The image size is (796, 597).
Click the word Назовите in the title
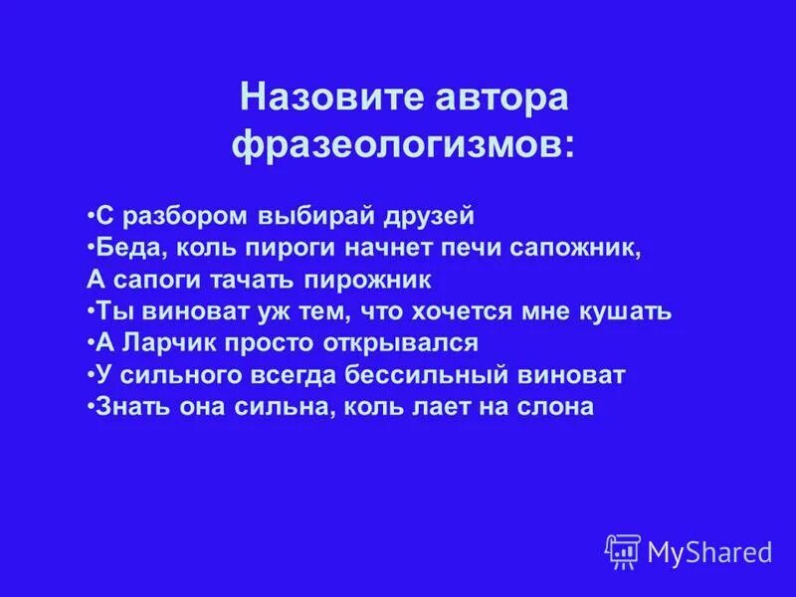316,99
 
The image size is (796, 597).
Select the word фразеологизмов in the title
401,146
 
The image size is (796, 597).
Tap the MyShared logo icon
623,549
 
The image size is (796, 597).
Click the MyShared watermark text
709,550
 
